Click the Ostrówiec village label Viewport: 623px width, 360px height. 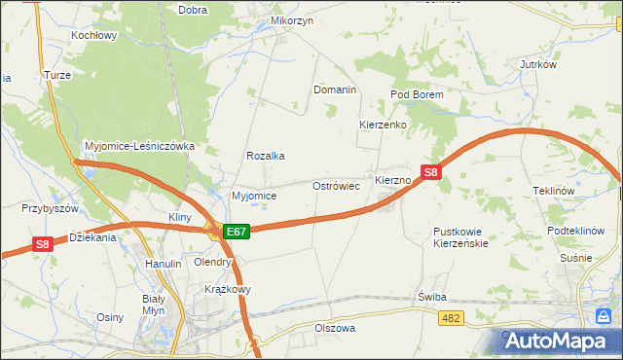336,185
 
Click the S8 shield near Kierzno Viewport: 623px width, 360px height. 433,173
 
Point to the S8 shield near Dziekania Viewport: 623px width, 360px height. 42,245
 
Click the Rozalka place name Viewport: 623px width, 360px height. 265,156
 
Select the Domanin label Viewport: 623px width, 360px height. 335,90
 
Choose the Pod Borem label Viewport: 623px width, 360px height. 417,94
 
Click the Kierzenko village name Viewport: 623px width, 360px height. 382,126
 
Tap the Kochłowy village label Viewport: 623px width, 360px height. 93,35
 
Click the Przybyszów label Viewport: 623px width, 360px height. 50,208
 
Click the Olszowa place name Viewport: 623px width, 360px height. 334,329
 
